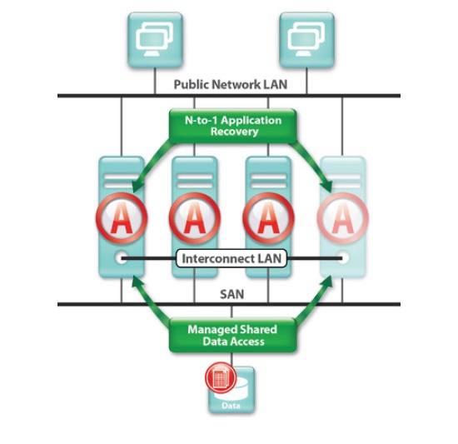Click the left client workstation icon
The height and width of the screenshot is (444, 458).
tap(155, 40)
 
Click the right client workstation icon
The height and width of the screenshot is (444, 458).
tap(306, 40)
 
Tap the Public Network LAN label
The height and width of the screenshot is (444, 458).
tap(231, 84)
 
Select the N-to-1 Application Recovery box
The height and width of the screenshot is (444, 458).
tap(233, 126)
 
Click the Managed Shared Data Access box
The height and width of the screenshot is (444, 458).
tap(233, 335)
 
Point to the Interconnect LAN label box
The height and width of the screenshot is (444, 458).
tap(231, 258)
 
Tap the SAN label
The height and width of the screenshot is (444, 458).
tap(231, 294)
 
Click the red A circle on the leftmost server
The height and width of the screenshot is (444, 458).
tap(122, 218)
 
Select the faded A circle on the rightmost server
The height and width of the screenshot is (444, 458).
tap(342, 218)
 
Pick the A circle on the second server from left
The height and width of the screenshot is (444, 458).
tap(195, 218)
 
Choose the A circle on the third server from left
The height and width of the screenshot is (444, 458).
tap(268, 218)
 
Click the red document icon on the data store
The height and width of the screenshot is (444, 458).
tap(221, 377)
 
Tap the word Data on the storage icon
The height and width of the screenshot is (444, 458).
tap(231, 406)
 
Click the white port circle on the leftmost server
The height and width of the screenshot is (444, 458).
tap(122, 258)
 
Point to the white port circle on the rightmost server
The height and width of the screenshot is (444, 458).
tap(343, 258)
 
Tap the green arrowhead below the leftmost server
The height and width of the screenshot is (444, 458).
tap(137, 282)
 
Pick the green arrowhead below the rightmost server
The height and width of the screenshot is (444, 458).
tap(327, 282)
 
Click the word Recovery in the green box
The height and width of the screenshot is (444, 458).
tap(235, 132)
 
